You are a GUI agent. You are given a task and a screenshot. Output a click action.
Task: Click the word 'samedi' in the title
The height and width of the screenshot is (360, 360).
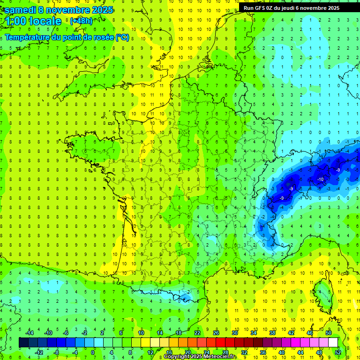point(20,9)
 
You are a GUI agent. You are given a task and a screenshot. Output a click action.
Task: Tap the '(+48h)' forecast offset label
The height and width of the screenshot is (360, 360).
point(81,21)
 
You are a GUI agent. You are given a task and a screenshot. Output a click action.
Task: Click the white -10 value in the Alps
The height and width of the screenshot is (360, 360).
point(321,180)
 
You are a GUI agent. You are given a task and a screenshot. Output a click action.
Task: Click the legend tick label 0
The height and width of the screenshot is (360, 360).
point(93,352)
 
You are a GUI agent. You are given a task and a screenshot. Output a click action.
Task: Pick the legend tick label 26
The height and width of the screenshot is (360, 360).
point(216,332)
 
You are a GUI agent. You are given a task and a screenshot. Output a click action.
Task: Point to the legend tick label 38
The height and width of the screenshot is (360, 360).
point(272,332)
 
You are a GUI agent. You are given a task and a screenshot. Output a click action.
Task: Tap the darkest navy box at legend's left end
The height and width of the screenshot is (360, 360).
point(24,342)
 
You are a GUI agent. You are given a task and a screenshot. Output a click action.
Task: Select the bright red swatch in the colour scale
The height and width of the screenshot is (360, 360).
point(221,342)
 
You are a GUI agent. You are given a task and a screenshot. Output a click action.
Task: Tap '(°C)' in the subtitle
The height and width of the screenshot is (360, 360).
point(122,37)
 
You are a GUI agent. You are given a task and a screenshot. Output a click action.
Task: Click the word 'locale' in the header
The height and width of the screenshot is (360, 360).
point(45,21)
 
